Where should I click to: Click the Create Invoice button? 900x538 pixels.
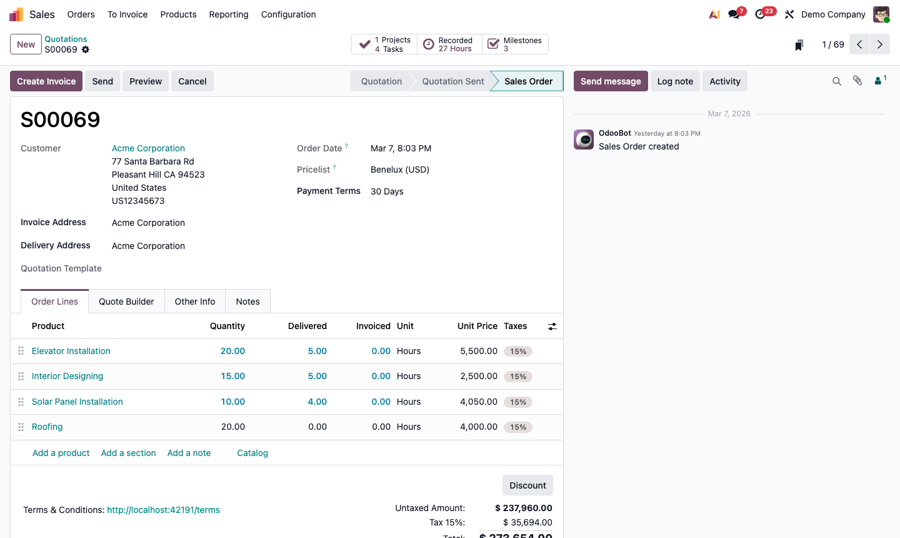point(46,81)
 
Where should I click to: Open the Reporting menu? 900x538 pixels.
point(229,14)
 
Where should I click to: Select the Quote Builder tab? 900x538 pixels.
point(126,302)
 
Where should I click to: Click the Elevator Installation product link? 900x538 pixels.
point(71,351)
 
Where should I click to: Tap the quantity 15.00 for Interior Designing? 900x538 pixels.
point(232,376)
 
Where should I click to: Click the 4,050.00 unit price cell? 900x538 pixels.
point(478,402)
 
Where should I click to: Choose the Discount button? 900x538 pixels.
point(527,485)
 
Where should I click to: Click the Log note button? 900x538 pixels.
point(675,81)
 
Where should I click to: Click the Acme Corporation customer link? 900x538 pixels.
point(148,148)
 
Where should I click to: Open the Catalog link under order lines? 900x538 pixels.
point(252,453)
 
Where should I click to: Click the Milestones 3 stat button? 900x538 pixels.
point(516,44)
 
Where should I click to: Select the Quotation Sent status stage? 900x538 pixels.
point(453,81)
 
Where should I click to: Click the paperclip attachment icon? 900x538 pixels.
point(857,81)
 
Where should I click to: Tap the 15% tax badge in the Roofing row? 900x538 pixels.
point(518,427)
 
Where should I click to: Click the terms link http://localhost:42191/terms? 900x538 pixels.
point(163,510)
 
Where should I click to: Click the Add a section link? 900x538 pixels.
point(128,453)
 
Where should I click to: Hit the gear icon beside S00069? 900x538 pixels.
point(86,49)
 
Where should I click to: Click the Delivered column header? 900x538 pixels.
point(307,326)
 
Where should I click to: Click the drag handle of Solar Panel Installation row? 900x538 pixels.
point(21,402)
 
